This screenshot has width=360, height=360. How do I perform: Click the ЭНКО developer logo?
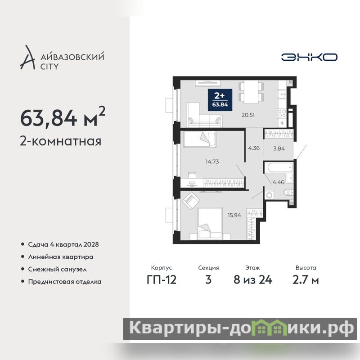[x=309, y=57]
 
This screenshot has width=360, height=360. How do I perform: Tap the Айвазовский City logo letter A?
[x=28, y=58]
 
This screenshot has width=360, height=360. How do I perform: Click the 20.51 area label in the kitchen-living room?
[x=248, y=115]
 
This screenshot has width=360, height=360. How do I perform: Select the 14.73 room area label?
[x=212, y=162]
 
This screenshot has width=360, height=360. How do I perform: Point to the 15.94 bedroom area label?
[x=234, y=216]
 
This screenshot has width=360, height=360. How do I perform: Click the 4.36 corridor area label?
[x=254, y=148]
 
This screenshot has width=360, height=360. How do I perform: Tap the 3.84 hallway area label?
[x=279, y=148]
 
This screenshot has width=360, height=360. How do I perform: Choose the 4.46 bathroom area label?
[x=278, y=182]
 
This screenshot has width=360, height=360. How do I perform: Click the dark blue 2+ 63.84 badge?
[x=220, y=100]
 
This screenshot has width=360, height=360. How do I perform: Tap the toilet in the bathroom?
[x=288, y=192]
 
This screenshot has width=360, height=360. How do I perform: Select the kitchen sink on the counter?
[x=282, y=94]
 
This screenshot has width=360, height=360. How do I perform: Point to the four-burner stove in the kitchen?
[x=282, y=113]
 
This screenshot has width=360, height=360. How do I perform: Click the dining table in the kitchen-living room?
[x=251, y=92]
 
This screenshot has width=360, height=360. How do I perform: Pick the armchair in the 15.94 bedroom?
[x=191, y=201]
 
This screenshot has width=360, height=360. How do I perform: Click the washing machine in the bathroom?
[x=269, y=195]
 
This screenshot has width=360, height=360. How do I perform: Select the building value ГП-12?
[x=162, y=280]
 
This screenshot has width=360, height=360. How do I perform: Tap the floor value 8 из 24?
[x=253, y=280]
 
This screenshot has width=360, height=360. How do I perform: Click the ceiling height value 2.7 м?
[x=306, y=280]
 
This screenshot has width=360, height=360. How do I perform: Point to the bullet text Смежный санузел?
[x=58, y=269]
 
